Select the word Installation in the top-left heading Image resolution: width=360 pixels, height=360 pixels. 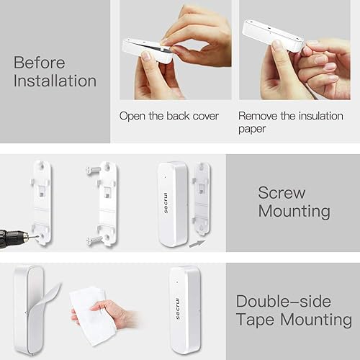pos(55,80)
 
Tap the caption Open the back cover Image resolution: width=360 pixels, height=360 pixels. pos(168,116)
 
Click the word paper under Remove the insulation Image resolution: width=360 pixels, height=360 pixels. pos(252,130)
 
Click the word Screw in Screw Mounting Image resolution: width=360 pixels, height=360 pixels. pos(282,193)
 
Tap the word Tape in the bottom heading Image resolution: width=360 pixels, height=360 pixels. pos(259,320)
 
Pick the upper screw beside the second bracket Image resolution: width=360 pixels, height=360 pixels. pos(91,170)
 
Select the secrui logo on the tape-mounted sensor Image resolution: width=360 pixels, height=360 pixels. pos(178,305)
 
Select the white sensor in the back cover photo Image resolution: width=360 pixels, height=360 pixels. pos(148,50)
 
